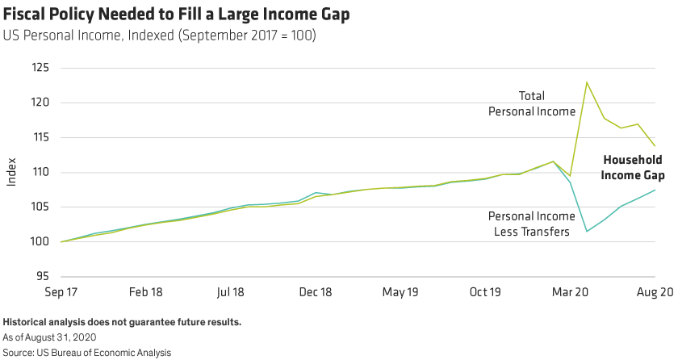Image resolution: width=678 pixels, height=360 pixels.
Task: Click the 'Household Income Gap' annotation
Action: point(632,167)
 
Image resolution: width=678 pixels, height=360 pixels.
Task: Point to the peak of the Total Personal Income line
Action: point(587,81)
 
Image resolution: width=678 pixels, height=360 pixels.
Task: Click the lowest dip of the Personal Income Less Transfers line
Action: point(587,232)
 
